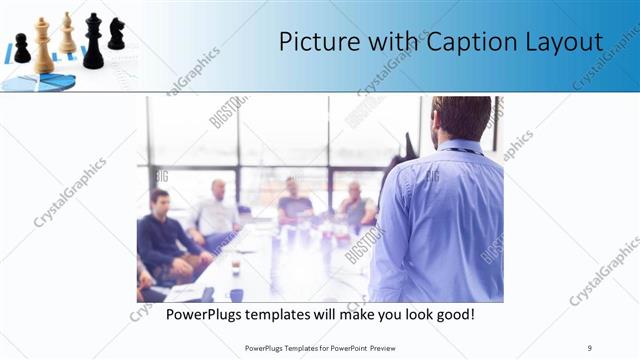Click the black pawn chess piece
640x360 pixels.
21,48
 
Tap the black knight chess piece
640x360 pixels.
117,34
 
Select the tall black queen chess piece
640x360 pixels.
93,42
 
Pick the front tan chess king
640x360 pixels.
43,46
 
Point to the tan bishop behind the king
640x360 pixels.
67,34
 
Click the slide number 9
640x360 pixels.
590,347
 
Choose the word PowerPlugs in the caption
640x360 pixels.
207,314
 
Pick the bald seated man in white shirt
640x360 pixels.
216,210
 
